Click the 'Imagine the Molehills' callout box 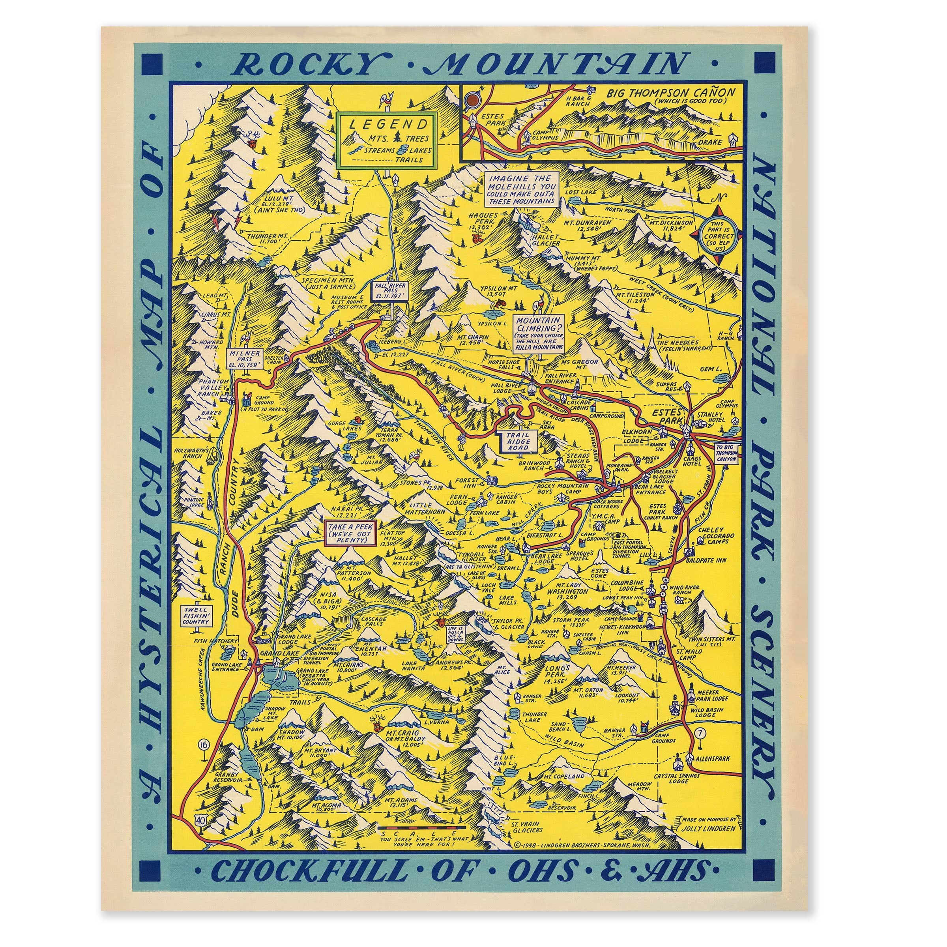tap(521, 189)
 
